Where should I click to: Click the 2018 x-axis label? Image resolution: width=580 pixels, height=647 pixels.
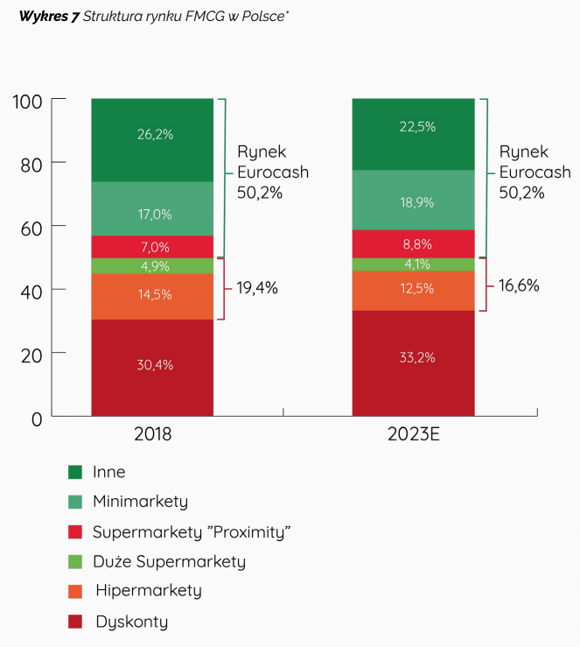152,434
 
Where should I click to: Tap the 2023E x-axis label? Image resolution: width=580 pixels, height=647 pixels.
413,434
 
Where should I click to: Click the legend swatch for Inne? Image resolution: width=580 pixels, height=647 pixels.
75,473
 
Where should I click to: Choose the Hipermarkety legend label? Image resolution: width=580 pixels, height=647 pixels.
148,591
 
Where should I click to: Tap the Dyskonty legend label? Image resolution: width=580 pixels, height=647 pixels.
131,622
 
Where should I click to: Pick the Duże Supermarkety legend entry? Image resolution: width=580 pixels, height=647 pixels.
169,562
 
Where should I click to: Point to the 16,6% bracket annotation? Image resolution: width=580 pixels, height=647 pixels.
519,285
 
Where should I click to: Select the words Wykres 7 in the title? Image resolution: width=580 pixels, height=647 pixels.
48,17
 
